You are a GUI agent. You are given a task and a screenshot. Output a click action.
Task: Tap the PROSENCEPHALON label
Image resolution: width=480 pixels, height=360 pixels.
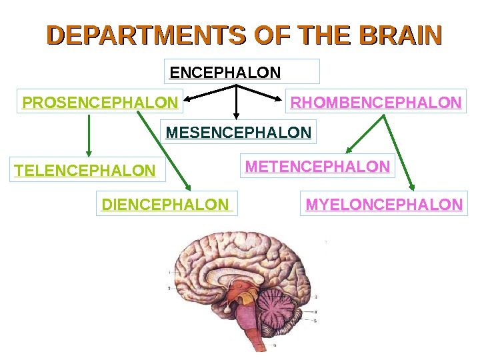click(100, 103)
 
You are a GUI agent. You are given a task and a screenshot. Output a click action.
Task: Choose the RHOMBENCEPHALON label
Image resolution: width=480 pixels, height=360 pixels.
click(376, 103)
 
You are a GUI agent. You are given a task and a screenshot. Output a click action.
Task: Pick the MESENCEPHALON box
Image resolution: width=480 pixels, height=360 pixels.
click(239, 133)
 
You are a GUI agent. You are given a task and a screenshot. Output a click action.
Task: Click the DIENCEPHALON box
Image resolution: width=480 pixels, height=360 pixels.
click(167, 204)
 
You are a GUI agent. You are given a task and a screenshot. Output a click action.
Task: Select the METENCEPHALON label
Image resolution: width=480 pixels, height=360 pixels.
click(317, 167)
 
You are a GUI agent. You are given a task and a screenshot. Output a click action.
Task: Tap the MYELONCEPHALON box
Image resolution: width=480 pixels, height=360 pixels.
click(384, 204)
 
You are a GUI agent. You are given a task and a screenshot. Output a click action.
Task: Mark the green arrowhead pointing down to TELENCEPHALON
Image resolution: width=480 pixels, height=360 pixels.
click(88, 153)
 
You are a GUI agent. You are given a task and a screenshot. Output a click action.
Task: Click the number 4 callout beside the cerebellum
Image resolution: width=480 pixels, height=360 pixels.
click(315, 311)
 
